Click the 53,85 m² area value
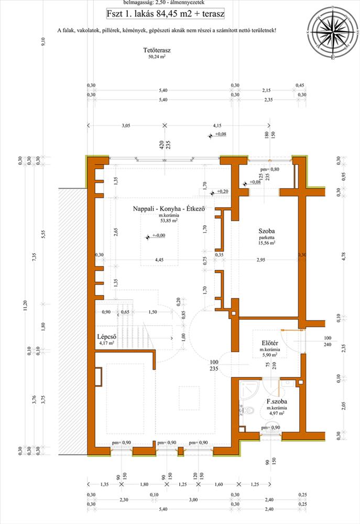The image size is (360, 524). pos(168,221)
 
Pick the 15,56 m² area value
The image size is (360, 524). pos(267,243)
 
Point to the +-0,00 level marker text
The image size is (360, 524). pos(159,237)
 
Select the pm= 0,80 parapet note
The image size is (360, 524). pos(269,170)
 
